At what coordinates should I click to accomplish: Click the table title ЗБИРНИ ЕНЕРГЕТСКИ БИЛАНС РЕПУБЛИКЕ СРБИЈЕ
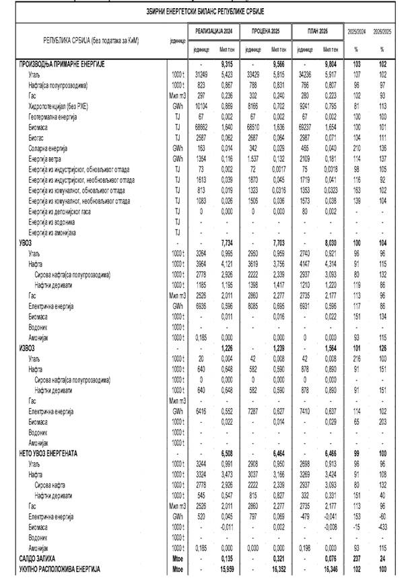202,13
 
